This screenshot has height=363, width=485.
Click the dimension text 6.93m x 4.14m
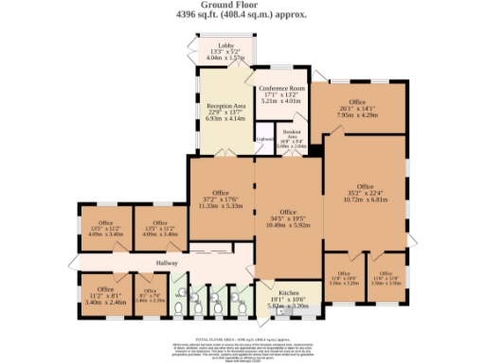225,120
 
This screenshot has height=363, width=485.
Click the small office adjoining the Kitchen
342,279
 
